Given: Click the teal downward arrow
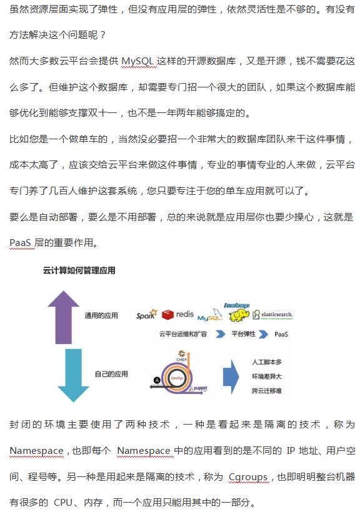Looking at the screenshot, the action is pyautogui.click(x=73, y=375).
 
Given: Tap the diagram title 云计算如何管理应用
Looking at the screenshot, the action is pyautogui.click(x=79, y=270).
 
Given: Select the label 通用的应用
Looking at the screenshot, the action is pyautogui.click(x=101, y=316).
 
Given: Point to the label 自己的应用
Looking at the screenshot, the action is pyautogui.click(x=111, y=374).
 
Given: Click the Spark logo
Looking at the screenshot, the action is pyautogui.click(x=147, y=315).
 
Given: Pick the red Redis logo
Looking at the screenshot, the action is pyautogui.click(x=178, y=315).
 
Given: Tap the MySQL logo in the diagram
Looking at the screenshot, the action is pyautogui.click(x=210, y=315).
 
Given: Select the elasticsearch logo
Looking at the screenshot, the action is pyautogui.click(x=272, y=315).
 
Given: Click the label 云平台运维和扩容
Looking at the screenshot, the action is pyautogui.click(x=183, y=334).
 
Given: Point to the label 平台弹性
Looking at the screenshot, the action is pyautogui.click(x=244, y=333).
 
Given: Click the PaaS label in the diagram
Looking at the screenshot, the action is pyautogui.click(x=281, y=334).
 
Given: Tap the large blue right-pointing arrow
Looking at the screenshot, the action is pyautogui.click(x=231, y=377).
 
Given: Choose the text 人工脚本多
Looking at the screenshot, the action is pyautogui.click(x=267, y=362).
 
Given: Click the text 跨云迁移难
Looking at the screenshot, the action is pyautogui.click(x=267, y=391).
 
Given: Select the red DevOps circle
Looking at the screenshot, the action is pyautogui.click(x=177, y=378).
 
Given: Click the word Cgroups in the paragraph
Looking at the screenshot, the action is pyautogui.click(x=248, y=477).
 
